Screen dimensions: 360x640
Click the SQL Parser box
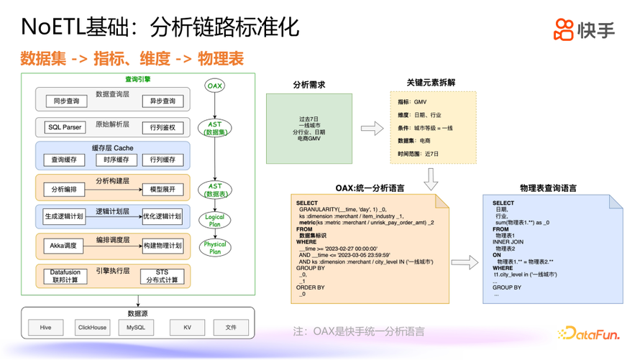point(65,127)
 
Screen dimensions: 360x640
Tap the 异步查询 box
point(163,101)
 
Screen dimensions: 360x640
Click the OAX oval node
point(215,86)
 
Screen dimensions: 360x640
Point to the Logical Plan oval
point(215,220)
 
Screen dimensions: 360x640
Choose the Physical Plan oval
point(215,248)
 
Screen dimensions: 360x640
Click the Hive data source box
point(46,328)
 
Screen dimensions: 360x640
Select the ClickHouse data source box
point(92,328)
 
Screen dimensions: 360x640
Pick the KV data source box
point(188,328)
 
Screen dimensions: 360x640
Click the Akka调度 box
point(63,246)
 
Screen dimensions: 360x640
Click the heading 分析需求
point(309,85)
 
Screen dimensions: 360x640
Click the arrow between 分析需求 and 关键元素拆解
point(372,129)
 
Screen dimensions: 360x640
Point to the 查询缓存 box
point(64,160)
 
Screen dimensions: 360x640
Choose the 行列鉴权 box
point(163,127)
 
